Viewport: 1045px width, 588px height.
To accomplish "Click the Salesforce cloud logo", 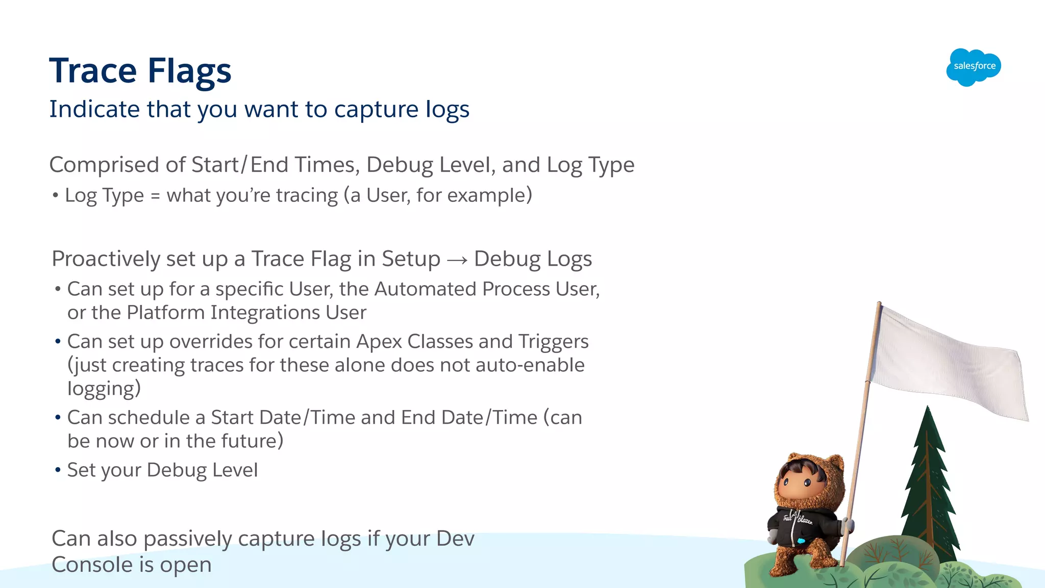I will (x=974, y=67).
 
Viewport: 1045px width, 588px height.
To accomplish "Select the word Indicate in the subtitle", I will (x=94, y=109).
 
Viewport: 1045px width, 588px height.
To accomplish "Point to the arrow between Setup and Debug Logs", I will (x=457, y=260).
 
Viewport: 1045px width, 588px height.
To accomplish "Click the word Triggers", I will (x=553, y=342).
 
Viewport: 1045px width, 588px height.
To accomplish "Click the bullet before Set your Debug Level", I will (x=58, y=470).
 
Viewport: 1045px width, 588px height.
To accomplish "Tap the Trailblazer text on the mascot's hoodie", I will (x=798, y=520).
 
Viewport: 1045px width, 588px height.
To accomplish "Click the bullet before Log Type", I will (x=56, y=195).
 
